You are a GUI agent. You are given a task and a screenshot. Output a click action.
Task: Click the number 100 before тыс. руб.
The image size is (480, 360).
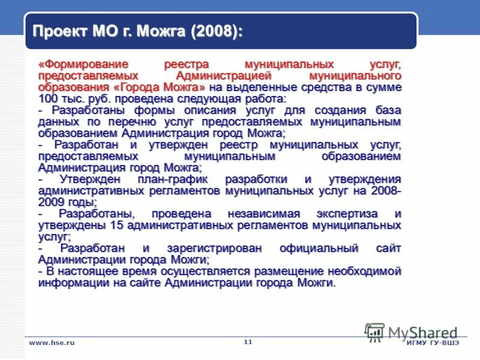[x=47, y=98]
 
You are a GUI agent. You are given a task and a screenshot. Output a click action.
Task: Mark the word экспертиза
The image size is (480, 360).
[x=350, y=214]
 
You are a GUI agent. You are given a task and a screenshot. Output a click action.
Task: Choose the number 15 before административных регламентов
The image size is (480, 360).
[x=117, y=225]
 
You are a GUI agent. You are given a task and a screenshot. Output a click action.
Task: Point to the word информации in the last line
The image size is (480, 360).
[x=71, y=283]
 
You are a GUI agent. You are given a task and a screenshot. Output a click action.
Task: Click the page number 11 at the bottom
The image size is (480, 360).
[x=248, y=341]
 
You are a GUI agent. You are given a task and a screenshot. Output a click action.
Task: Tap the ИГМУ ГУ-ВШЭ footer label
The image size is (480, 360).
[x=433, y=342]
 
